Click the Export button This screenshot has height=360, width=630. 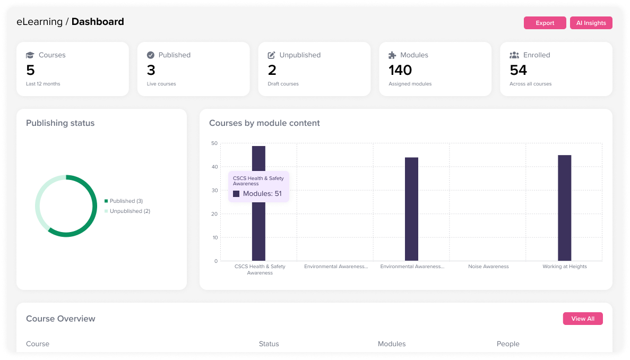tap(545, 23)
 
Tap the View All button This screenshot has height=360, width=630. tap(582, 319)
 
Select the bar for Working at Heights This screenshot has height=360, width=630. tap(564, 208)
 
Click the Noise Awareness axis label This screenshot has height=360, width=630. tap(488, 267)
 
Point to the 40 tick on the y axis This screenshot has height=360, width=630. tap(214, 167)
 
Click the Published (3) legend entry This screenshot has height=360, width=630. tap(126, 201)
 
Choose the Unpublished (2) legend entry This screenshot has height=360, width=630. tap(130, 211)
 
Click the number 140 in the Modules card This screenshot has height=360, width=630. tap(400, 70)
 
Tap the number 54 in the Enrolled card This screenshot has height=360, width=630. tap(518, 70)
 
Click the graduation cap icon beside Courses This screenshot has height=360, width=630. tap(30, 55)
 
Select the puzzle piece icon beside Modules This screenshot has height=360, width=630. tap(392, 55)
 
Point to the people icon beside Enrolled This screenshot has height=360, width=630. tap(514, 55)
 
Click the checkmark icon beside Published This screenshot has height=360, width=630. tap(151, 55)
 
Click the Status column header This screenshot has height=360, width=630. tap(269, 344)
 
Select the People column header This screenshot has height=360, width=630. tap(507, 344)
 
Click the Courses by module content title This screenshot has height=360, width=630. tap(264, 123)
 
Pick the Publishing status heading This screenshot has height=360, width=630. tap(60, 123)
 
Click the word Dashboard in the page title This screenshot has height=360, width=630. tap(98, 22)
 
